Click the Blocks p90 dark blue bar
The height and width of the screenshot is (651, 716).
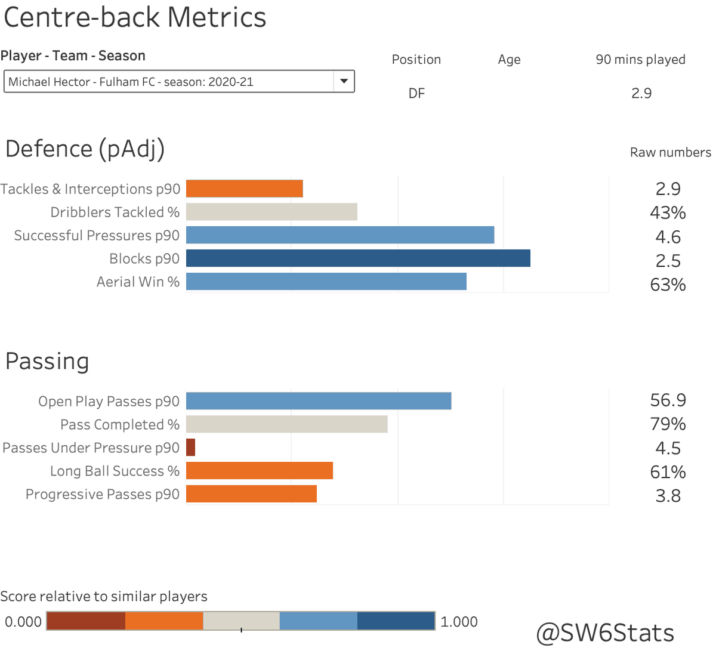tap(358, 258)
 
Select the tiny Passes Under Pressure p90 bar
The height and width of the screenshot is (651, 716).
tap(190, 448)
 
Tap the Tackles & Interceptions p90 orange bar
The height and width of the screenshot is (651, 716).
tap(245, 189)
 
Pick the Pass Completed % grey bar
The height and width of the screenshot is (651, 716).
tap(286, 424)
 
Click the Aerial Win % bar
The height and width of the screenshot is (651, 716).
tap(326, 282)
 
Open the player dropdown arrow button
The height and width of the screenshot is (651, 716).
tap(344, 81)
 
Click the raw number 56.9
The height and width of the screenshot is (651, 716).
tap(668, 400)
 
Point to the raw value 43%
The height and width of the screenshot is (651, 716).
tap(668, 212)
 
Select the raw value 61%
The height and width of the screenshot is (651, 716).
tap(668, 472)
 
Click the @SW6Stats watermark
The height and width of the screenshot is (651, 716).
tap(605, 633)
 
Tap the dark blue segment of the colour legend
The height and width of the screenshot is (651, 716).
tap(396, 621)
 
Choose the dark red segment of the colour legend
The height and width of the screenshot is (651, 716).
tap(86, 621)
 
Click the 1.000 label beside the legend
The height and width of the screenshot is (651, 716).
tap(459, 622)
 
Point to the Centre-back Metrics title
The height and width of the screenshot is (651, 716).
tap(135, 18)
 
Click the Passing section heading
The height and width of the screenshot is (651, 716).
tap(47, 362)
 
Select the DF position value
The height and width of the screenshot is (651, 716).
tap(416, 94)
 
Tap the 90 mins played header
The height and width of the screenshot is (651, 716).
tap(640, 60)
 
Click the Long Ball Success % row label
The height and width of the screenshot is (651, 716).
tap(115, 471)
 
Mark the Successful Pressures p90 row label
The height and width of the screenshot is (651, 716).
tap(97, 236)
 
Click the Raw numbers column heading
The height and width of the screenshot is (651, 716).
tap(670, 153)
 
